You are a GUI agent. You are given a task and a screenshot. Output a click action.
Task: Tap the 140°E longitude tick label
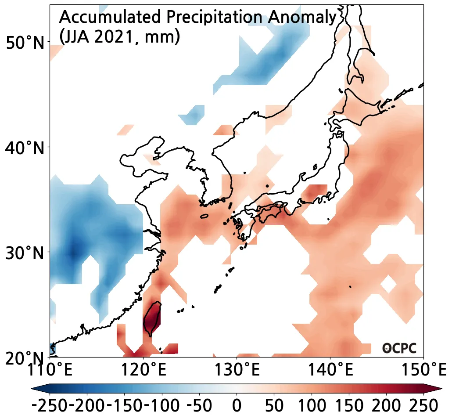tap(330, 369)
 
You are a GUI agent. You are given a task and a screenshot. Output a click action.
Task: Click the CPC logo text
tap(399, 348)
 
